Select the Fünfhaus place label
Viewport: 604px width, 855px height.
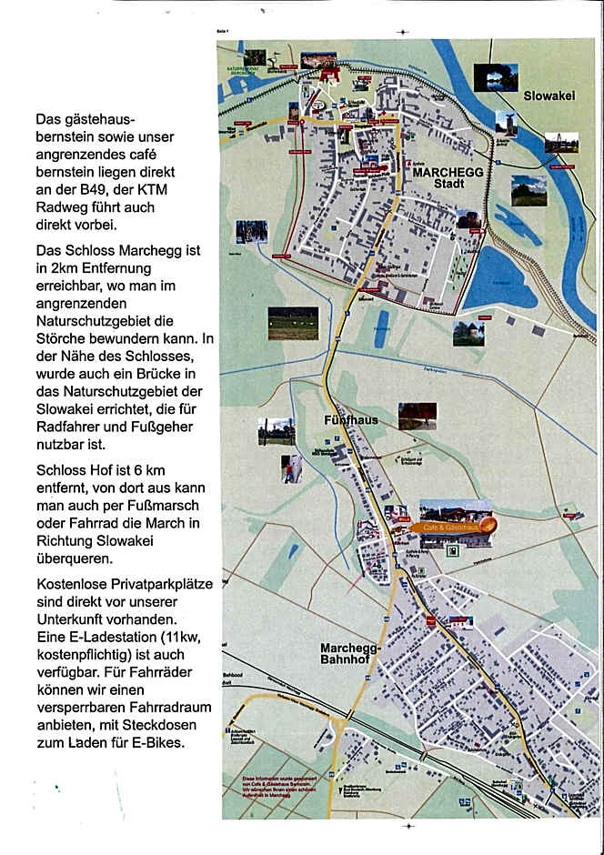click(x=350, y=420)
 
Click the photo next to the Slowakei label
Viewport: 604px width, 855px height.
click(x=496, y=77)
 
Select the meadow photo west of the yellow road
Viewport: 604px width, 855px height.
click(x=293, y=323)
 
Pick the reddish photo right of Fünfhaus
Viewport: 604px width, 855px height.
click(x=417, y=416)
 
